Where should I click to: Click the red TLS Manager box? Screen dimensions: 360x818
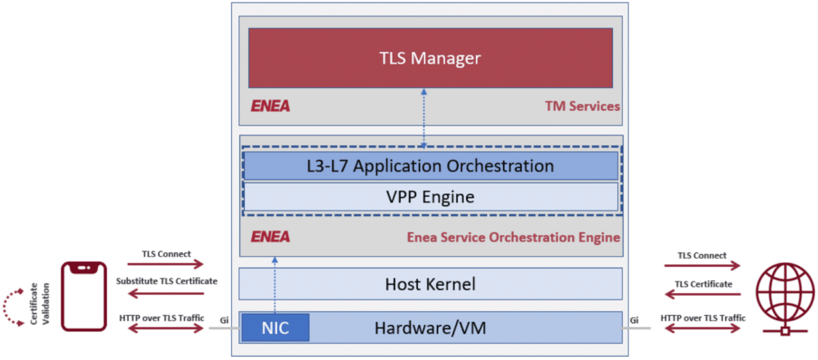pos(430,58)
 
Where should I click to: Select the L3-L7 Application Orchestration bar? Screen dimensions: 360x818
pos(430,166)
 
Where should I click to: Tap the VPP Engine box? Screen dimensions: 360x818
pos(430,197)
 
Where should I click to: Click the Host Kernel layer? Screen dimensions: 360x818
pos(430,285)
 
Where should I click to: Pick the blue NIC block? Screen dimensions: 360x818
pos(275,328)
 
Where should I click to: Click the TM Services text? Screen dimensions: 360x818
pos(582,106)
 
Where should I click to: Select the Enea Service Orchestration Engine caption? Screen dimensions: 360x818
pos(513,238)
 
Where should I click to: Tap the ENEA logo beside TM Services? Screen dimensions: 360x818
pos(270,106)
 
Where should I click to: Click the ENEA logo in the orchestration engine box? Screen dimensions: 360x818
pos(270,238)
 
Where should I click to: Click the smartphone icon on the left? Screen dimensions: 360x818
pos(85,296)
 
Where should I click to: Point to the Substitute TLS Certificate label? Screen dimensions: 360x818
pos(166,281)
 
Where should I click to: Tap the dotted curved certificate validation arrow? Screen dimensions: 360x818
pos(12,307)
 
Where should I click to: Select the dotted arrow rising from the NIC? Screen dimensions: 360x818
pos(274,286)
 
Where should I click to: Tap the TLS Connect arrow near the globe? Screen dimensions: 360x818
pos(703,265)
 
